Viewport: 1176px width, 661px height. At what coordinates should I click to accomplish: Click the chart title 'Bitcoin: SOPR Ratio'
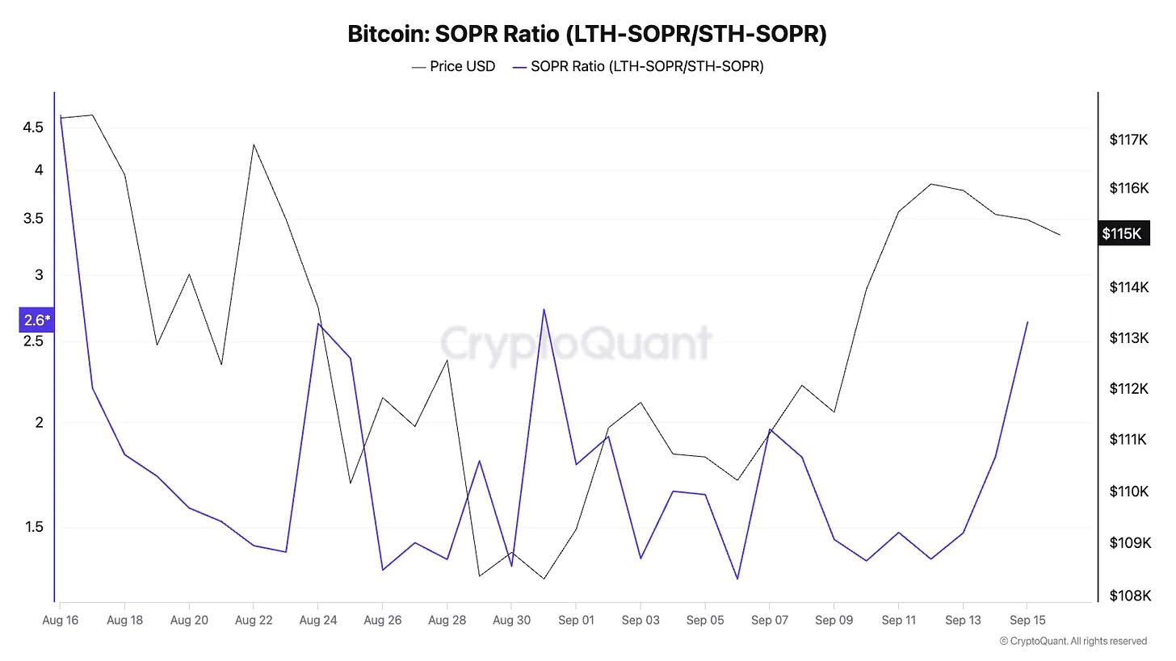pyautogui.click(x=587, y=35)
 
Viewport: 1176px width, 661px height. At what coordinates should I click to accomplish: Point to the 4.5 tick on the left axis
pyautogui.click(x=34, y=128)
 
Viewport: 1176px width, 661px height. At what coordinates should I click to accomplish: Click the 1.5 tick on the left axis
pyautogui.click(x=34, y=528)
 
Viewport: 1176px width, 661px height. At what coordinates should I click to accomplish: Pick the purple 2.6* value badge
pyautogui.click(x=36, y=320)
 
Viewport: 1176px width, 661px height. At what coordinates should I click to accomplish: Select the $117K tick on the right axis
pyautogui.click(x=1129, y=140)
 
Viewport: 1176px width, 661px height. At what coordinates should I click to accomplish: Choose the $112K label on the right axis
pyautogui.click(x=1129, y=389)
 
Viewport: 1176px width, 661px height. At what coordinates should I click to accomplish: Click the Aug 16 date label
pyautogui.click(x=60, y=620)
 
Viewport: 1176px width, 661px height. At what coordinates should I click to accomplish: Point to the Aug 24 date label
pyautogui.click(x=317, y=620)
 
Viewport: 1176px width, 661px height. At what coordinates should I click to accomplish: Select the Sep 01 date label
pyautogui.click(x=575, y=620)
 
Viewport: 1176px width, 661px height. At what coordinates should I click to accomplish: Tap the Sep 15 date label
pyautogui.click(x=1027, y=620)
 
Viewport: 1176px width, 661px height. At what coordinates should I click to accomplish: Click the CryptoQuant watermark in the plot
pyautogui.click(x=577, y=343)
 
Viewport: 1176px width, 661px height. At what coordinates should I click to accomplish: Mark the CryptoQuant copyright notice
pyautogui.click(x=1073, y=641)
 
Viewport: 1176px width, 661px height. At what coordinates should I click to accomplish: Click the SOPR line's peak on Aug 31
pyautogui.click(x=544, y=309)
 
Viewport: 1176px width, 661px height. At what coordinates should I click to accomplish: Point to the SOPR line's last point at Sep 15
pyautogui.click(x=1027, y=322)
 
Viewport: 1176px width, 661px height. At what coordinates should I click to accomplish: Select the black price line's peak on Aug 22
pyautogui.click(x=254, y=144)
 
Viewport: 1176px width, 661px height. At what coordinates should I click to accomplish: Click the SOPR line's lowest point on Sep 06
pyautogui.click(x=737, y=579)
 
